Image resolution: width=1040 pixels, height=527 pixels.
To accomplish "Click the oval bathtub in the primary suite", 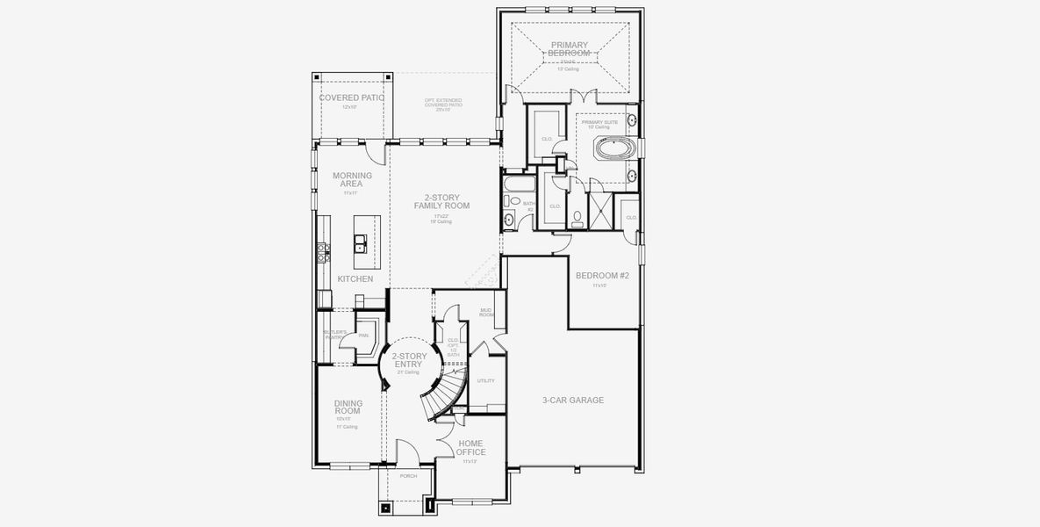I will pyautogui.click(x=613, y=148).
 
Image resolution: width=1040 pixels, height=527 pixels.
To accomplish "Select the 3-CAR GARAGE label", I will pyautogui.click(x=572, y=401).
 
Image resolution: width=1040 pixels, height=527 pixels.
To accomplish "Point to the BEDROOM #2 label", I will pyautogui.click(x=602, y=276).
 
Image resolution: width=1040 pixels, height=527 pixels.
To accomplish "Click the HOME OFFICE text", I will pyautogui.click(x=470, y=448).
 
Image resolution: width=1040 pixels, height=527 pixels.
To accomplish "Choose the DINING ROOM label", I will pyautogui.click(x=348, y=408).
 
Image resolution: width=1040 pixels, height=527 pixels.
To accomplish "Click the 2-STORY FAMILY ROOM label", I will pyautogui.click(x=441, y=201).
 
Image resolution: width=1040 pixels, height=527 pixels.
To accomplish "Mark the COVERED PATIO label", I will pyautogui.click(x=351, y=97).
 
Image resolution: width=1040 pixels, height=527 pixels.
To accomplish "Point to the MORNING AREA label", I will pyautogui.click(x=352, y=180).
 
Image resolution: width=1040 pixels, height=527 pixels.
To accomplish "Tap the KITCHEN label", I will pyautogui.click(x=355, y=279).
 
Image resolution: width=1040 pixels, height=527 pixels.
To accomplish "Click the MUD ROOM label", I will pyautogui.click(x=486, y=312).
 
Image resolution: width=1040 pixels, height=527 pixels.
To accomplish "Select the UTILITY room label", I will pyautogui.click(x=485, y=381).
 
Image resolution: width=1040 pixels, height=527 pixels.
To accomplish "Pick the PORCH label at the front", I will pyautogui.click(x=408, y=476).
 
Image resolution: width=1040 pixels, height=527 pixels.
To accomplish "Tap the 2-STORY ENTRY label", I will pyautogui.click(x=409, y=360).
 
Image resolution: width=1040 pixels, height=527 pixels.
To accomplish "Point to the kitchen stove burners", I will pyautogui.click(x=322, y=251).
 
